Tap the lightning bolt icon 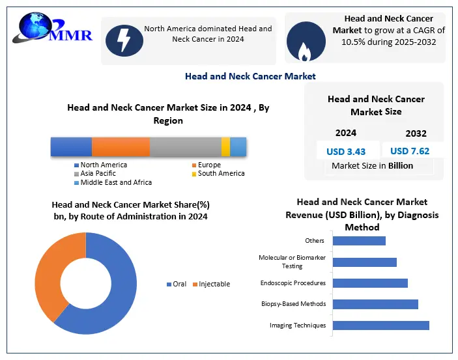pos(122,39)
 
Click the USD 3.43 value pos(345,151)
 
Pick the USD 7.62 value pos(409,151)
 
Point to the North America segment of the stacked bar pos(71,147)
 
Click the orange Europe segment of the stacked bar pos(121,147)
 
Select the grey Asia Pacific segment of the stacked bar pos(186,147)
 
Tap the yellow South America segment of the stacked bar pos(225,147)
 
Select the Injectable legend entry pos(214,284)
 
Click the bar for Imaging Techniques pos(380,325)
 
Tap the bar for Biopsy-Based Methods pos(375,304)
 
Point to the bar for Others pos(359,241)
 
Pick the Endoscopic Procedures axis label pos(293,283)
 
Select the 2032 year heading pos(416,133)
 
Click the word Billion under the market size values pos(401,165)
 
